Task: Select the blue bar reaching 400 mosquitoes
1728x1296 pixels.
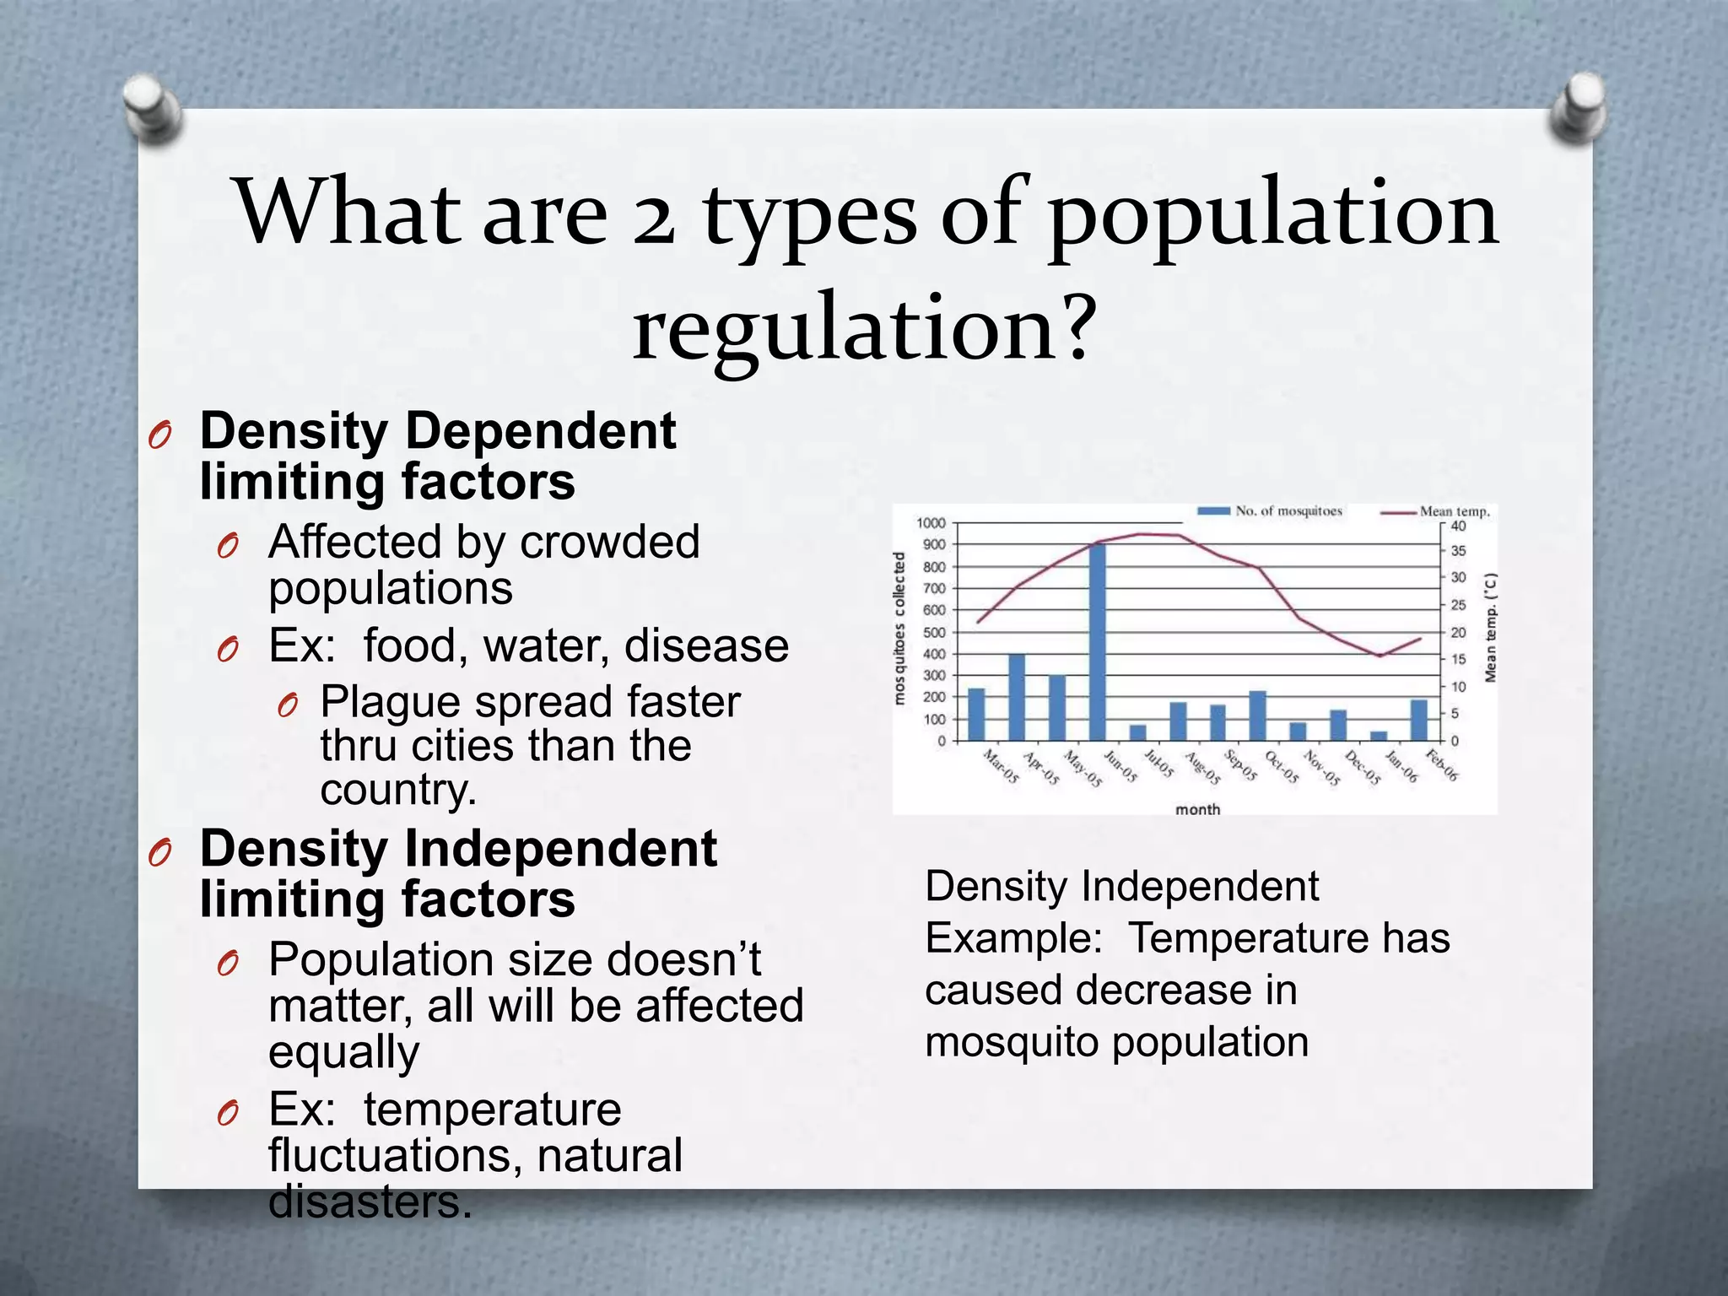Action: coord(1017,697)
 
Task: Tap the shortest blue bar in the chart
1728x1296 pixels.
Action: coord(1378,736)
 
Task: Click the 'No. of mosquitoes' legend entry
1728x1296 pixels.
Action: coord(1271,511)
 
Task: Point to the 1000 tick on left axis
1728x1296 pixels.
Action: coord(931,523)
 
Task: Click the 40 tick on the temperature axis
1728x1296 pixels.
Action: coord(1458,526)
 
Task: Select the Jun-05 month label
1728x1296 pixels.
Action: coord(1121,766)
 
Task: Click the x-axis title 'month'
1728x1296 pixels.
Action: coord(1197,809)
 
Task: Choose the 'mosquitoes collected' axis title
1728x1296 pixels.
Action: coord(899,629)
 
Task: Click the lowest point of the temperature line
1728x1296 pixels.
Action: coord(1380,656)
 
